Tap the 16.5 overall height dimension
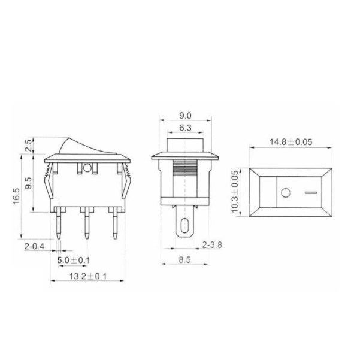pyautogui.click(x=16, y=197)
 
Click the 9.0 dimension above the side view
pyautogui.click(x=184, y=116)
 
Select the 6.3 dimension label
pyautogui.click(x=184, y=128)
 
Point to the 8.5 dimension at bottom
pyautogui.click(x=184, y=261)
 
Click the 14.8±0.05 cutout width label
pyautogui.click(x=291, y=143)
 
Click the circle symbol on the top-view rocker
pyautogui.click(x=285, y=193)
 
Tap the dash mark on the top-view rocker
pyautogui.click(x=309, y=193)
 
